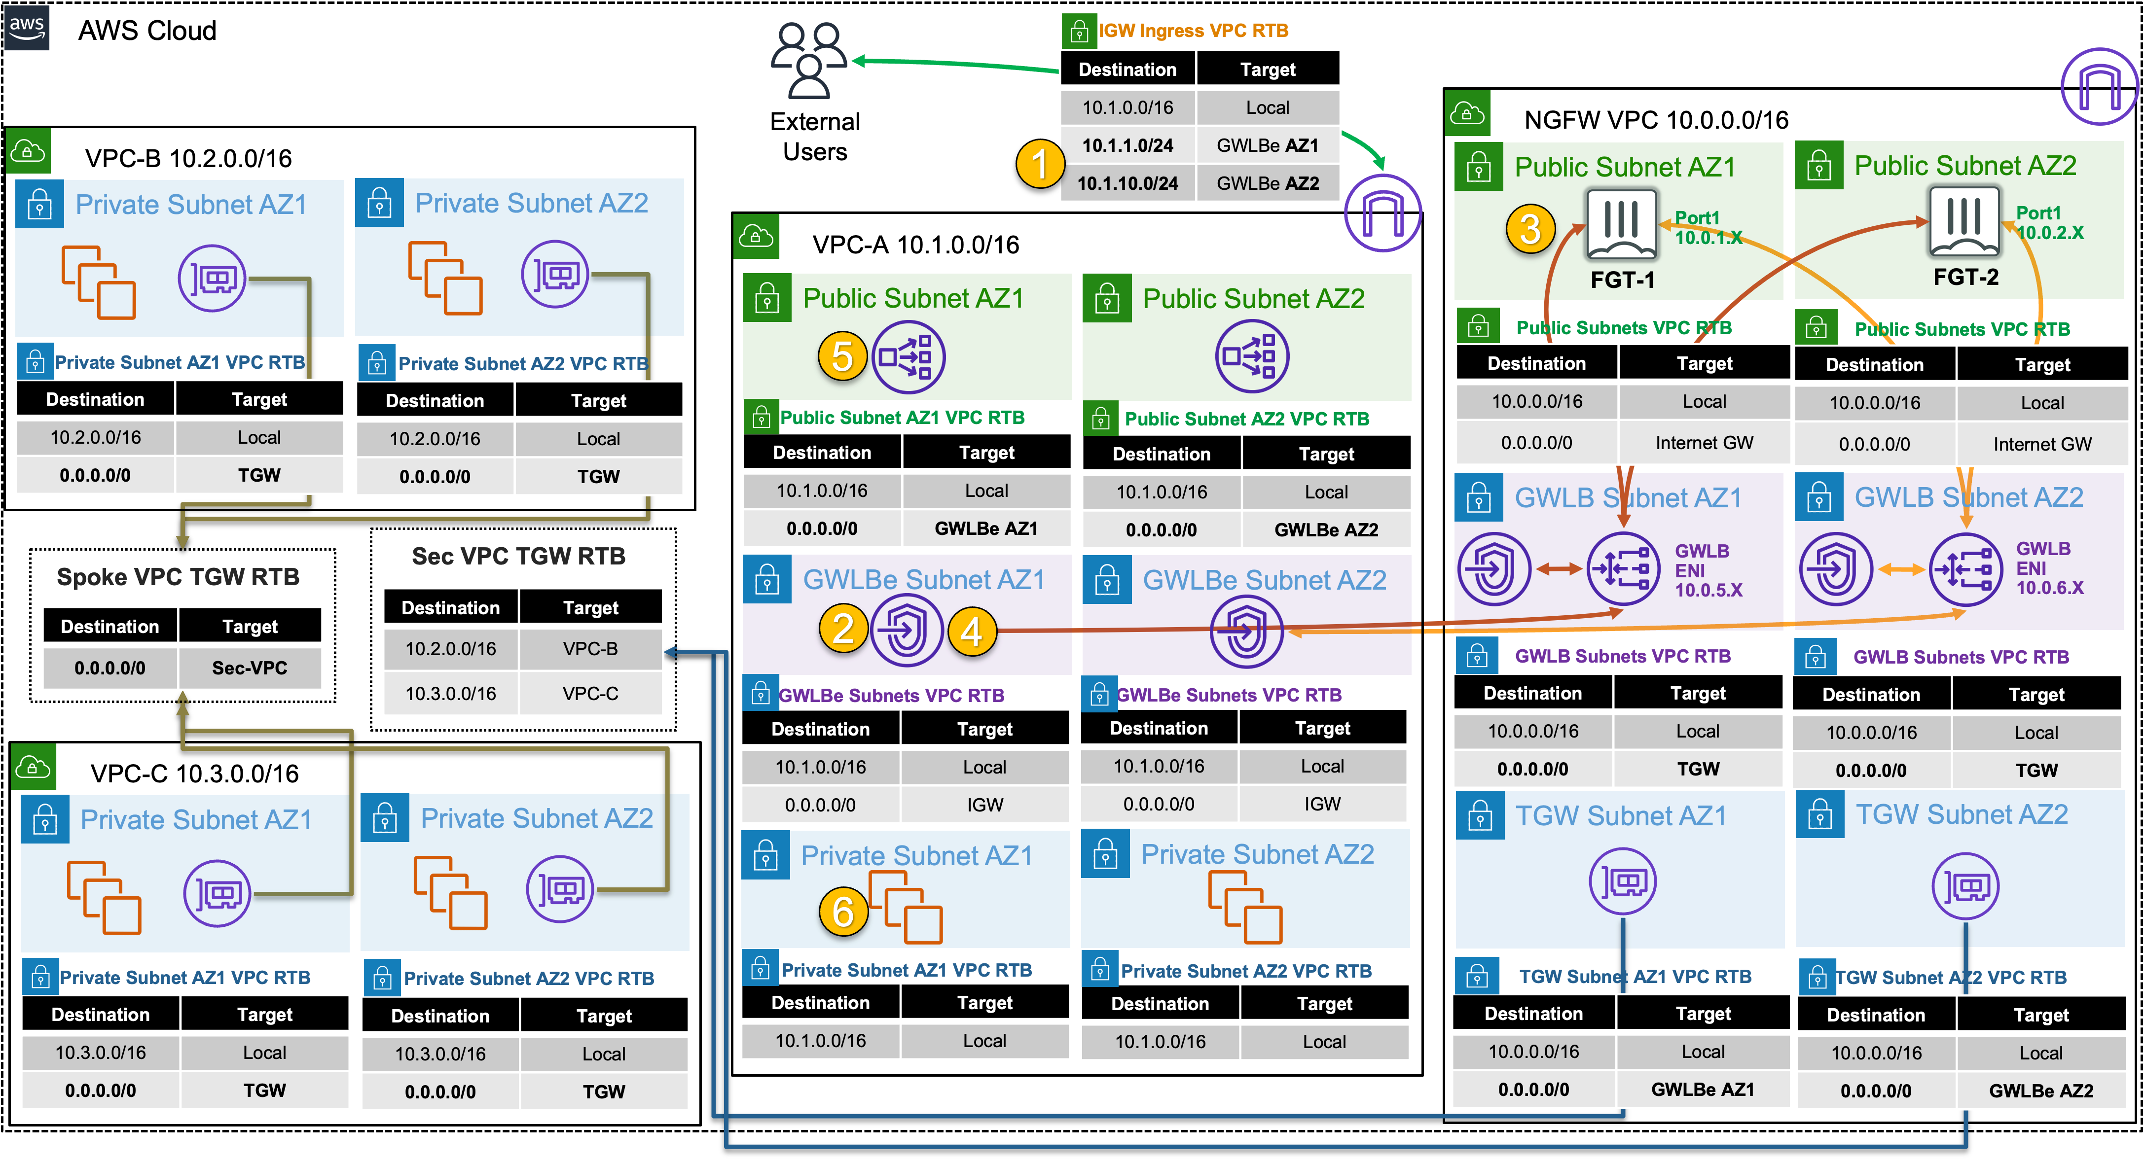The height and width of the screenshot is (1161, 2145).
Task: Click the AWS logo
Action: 27,27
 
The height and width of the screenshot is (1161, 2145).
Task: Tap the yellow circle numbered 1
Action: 1040,163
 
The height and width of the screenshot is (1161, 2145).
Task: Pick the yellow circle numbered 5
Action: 843,357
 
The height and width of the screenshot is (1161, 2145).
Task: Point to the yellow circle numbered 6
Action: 843,912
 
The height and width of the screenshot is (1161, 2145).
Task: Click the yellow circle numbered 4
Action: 972,632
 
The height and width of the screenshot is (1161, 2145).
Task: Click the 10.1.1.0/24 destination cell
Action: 1127,145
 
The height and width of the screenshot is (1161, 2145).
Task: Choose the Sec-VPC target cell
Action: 250,668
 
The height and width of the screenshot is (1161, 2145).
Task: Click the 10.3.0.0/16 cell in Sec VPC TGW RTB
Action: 450,693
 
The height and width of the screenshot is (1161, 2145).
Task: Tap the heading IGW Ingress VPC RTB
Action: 1193,31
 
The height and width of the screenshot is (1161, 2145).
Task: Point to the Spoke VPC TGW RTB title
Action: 178,577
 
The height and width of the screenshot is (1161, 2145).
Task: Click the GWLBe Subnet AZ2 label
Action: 1264,580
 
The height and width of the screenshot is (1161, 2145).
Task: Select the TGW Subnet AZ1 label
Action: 1620,815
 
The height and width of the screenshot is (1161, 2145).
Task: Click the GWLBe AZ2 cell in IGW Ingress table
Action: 1268,183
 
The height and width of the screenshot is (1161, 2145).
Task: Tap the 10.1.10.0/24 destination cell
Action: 1127,183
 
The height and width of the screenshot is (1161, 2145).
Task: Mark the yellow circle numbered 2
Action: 843,629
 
